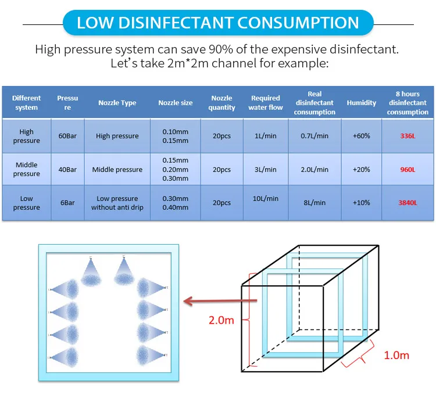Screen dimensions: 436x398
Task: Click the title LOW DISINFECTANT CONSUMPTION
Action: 218,23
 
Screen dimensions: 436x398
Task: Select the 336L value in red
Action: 408,136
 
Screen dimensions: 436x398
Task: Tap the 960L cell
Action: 408,170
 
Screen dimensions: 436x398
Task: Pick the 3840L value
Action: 408,203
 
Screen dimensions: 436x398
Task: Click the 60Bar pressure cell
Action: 67,136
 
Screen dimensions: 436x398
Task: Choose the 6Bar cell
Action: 67,203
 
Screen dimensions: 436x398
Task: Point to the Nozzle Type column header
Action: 117,103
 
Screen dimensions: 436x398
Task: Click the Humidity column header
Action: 362,103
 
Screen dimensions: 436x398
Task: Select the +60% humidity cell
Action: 362,136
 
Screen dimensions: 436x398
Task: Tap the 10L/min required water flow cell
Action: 266,199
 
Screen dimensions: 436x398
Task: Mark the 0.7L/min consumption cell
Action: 315,136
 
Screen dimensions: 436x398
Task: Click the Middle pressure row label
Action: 27,170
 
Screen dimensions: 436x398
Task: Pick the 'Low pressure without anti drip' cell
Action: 117,203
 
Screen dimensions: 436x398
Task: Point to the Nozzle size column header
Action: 176,103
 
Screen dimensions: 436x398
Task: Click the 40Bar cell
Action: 67,170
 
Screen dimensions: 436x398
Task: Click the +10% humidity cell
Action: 362,203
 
